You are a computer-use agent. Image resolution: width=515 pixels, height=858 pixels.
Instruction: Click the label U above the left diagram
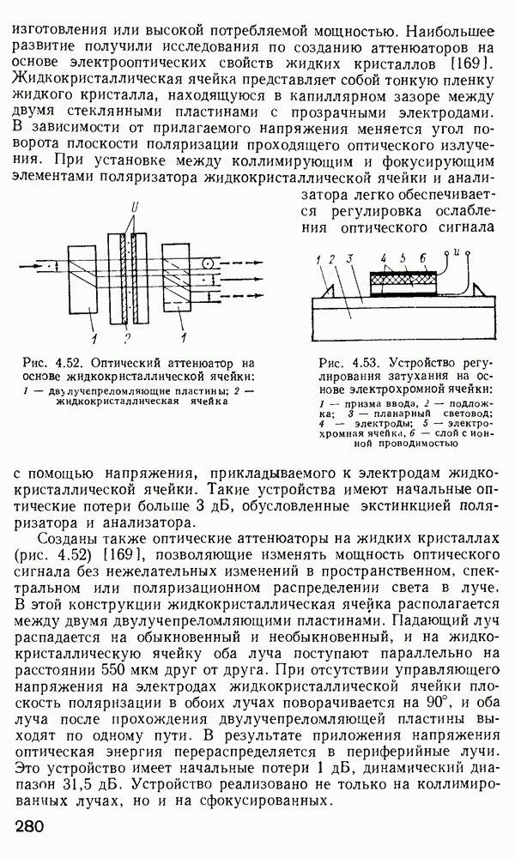coord(131,209)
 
